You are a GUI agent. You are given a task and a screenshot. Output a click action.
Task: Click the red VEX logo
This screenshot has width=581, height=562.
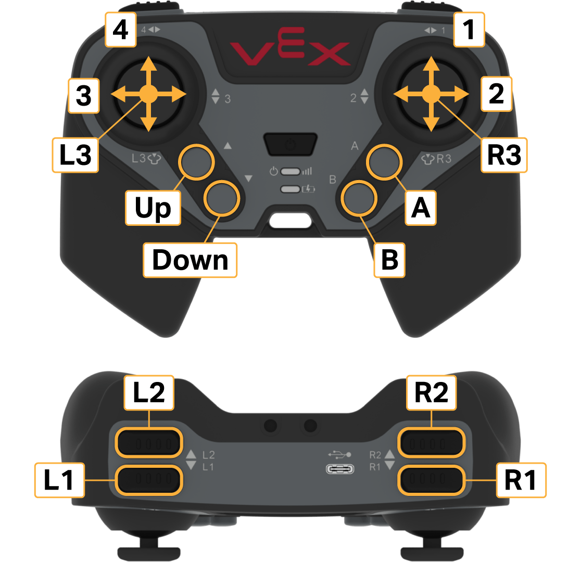point(290,47)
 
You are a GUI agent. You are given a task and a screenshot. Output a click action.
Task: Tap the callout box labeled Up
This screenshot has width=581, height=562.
point(153,208)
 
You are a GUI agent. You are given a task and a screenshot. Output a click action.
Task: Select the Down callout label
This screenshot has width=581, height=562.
point(190,260)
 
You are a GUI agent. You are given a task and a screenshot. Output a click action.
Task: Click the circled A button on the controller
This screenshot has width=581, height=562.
point(384,162)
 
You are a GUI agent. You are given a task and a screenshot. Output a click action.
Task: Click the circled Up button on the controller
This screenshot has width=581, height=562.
point(196,162)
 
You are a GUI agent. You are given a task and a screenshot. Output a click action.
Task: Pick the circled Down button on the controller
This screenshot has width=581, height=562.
point(222,198)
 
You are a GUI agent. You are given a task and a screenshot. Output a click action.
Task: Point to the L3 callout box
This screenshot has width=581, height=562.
point(75,155)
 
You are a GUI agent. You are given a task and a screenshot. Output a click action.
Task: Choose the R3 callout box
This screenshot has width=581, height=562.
point(504,155)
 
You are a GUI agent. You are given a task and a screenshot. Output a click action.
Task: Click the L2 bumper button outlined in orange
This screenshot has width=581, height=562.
point(149,442)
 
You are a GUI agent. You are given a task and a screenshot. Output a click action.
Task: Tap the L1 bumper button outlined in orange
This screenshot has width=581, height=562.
point(149,480)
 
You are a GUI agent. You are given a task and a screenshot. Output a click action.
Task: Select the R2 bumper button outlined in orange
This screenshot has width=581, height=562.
point(432,442)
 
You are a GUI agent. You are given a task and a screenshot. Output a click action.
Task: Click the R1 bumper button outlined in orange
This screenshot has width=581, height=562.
point(432,480)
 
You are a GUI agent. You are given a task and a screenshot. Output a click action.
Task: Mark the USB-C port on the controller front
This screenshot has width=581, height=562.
point(340,469)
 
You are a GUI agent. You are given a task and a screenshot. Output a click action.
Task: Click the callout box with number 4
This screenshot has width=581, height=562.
point(121,30)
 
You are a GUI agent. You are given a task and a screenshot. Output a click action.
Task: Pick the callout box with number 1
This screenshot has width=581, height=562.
point(469,30)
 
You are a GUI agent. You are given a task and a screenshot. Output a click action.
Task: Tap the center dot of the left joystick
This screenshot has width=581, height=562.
point(148,94)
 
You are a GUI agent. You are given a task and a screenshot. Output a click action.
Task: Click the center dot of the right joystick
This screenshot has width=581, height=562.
point(431,94)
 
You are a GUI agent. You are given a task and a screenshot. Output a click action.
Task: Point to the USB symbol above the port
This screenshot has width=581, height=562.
point(339,454)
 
